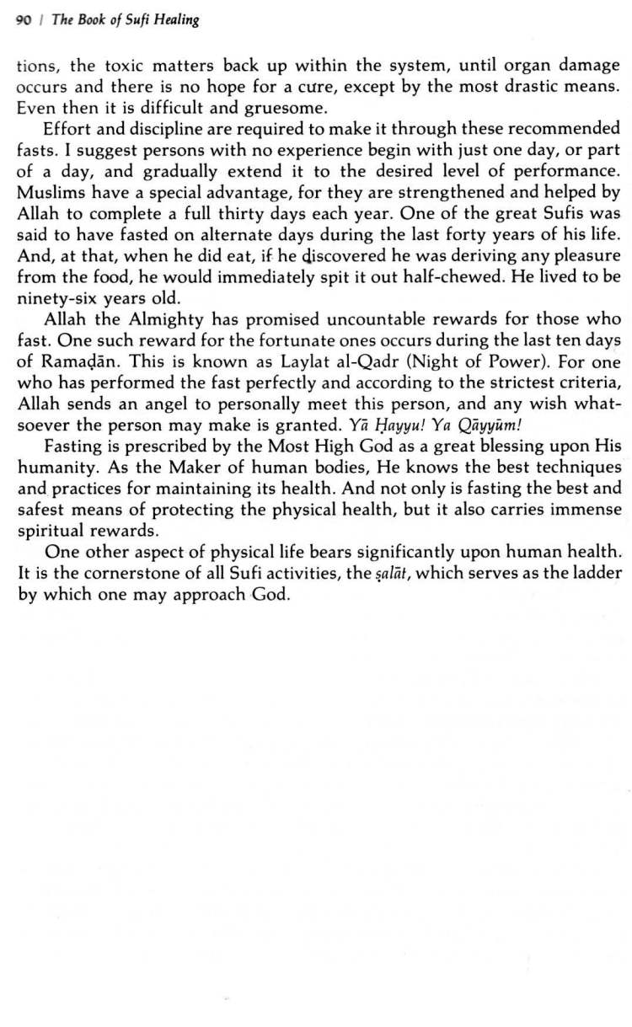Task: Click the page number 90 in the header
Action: (24, 19)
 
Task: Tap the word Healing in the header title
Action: (176, 19)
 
